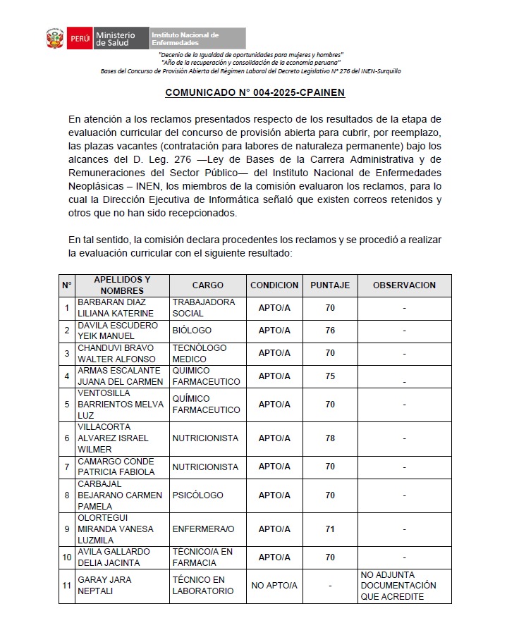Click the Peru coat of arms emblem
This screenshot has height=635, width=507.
(x=56, y=39)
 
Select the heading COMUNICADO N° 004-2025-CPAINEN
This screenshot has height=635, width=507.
(x=254, y=92)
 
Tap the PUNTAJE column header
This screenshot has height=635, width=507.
(x=330, y=285)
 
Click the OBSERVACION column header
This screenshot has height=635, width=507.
(x=404, y=285)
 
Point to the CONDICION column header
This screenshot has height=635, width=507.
(x=274, y=285)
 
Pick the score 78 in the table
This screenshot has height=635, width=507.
(x=330, y=438)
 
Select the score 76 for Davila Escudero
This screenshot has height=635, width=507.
(x=330, y=331)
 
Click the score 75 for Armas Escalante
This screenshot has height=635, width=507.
(x=330, y=376)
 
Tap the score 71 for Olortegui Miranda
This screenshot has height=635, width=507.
(x=330, y=529)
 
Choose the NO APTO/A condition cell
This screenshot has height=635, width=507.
(x=274, y=586)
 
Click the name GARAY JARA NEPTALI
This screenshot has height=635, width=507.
(x=104, y=586)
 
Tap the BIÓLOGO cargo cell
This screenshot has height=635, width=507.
(x=192, y=331)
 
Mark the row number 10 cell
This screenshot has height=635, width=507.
(x=67, y=557)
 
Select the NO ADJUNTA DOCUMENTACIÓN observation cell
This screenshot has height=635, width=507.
(x=398, y=586)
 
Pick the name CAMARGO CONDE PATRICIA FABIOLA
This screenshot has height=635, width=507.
(x=116, y=467)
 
